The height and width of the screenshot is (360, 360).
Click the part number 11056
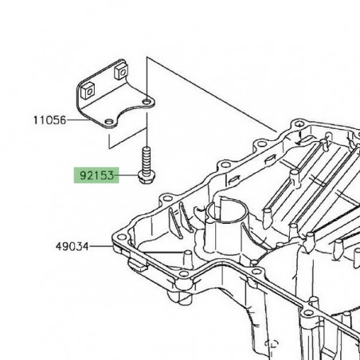(49, 121)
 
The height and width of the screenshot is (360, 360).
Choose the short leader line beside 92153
(127, 174)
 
